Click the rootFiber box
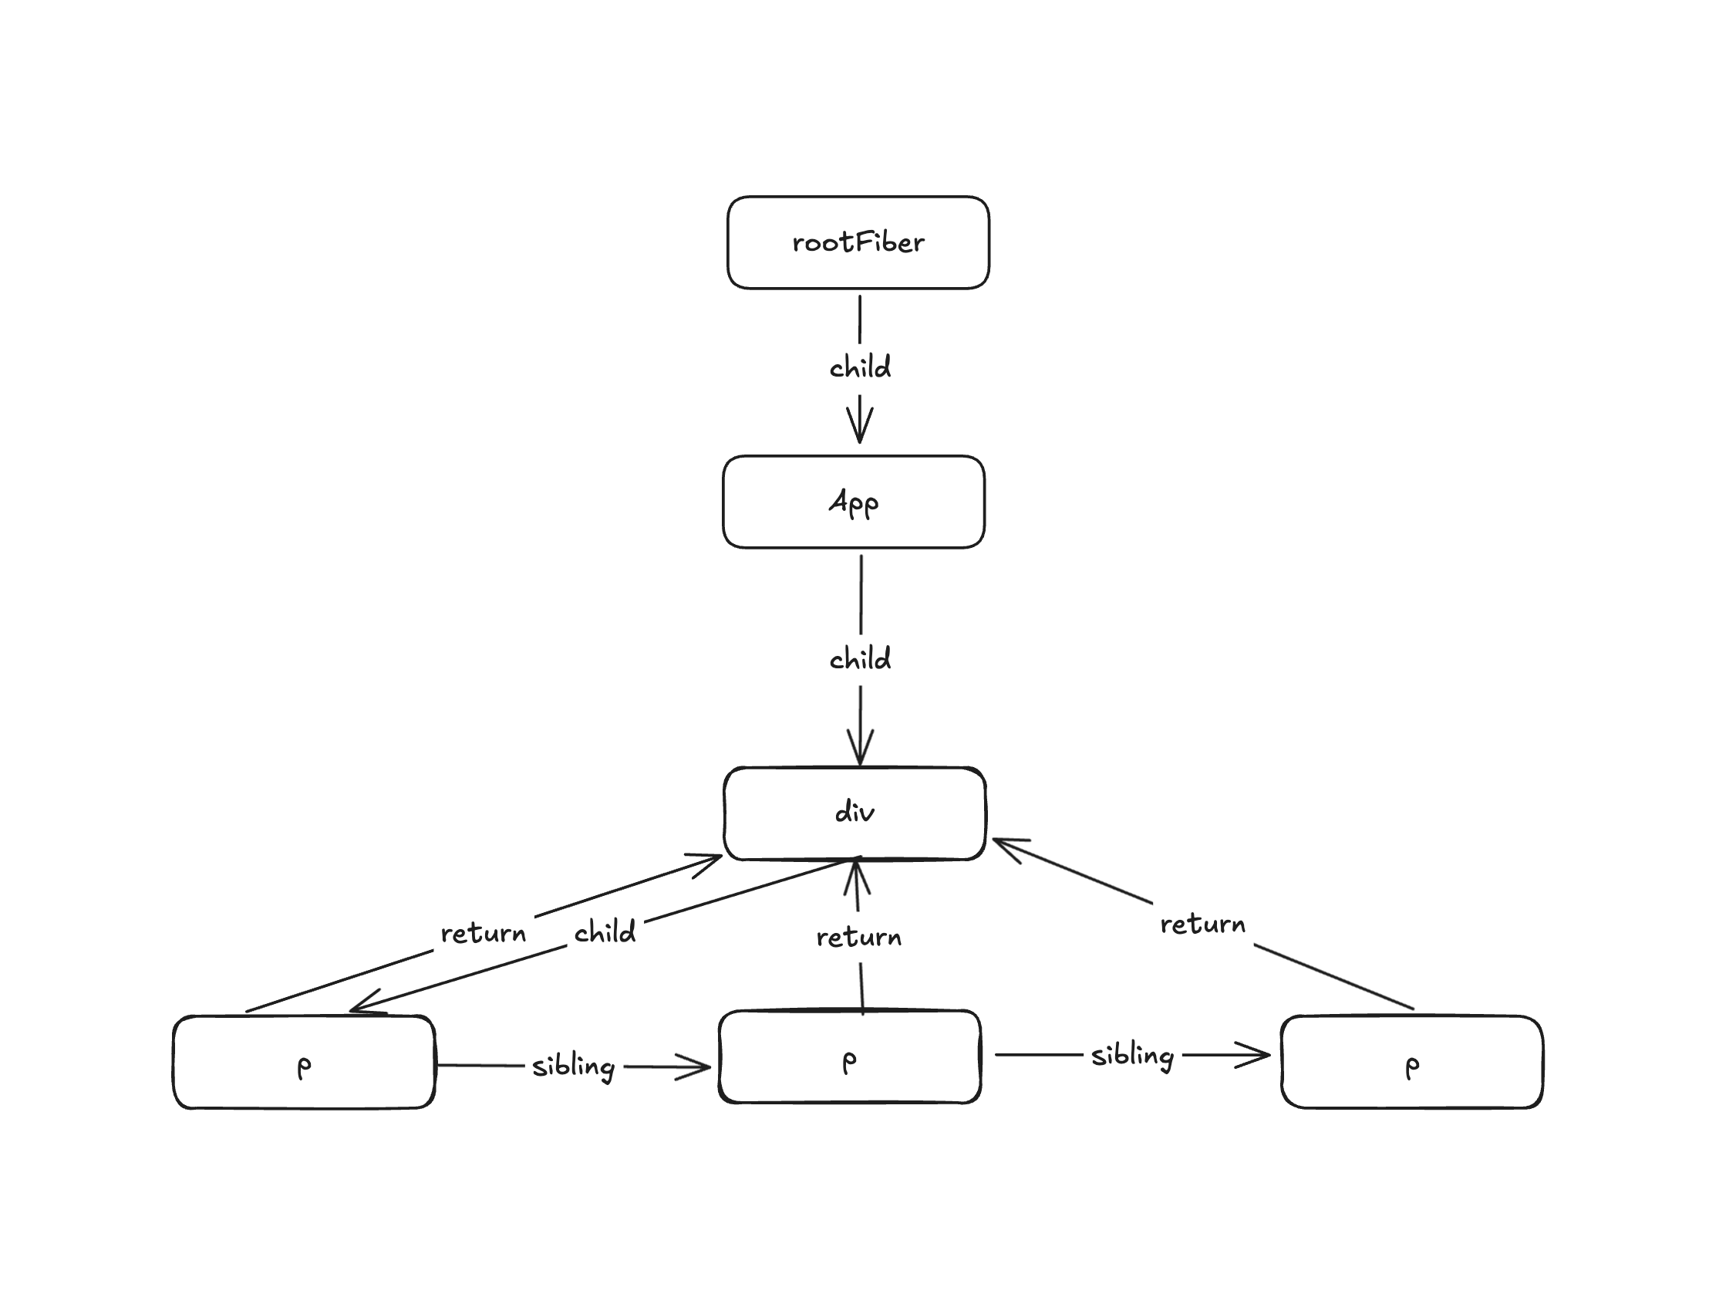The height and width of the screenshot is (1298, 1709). point(858,242)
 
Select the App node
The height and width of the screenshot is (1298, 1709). point(853,502)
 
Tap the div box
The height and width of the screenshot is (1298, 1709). point(854,813)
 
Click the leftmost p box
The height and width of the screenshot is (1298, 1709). point(304,1062)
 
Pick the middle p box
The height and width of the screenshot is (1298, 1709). point(849,1056)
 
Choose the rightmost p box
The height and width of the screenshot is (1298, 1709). point(1411,1062)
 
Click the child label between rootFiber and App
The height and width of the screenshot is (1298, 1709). point(860,367)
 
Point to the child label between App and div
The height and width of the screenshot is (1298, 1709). point(860,660)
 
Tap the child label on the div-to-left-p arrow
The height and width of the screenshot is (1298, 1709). point(604,932)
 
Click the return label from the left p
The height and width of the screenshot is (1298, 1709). point(483,934)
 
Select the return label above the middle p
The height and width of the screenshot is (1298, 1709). point(858,938)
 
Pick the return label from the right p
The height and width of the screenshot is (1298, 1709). point(1202,924)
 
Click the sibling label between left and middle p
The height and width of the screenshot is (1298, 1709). point(573,1066)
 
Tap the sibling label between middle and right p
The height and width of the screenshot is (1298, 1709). point(1132,1056)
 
